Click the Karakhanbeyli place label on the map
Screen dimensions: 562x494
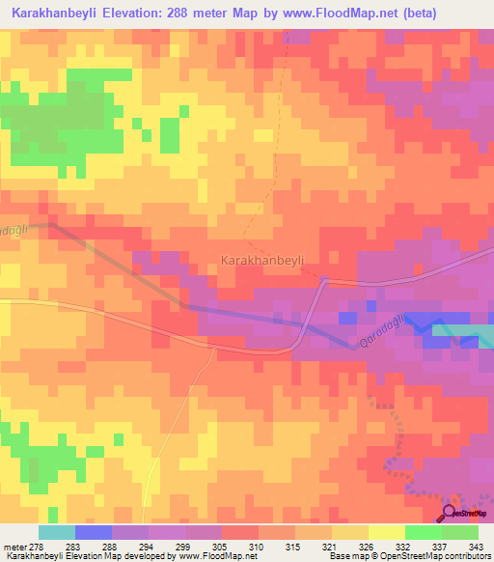tap(262, 261)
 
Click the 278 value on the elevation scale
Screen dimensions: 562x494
tap(39, 547)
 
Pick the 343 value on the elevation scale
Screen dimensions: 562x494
tap(476, 547)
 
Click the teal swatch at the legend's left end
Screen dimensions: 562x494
tap(57, 532)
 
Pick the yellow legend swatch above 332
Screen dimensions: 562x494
tap(387, 532)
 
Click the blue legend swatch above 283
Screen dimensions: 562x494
tap(94, 532)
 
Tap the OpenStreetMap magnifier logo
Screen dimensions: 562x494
tap(449, 514)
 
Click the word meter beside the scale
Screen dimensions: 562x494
tap(14, 547)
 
